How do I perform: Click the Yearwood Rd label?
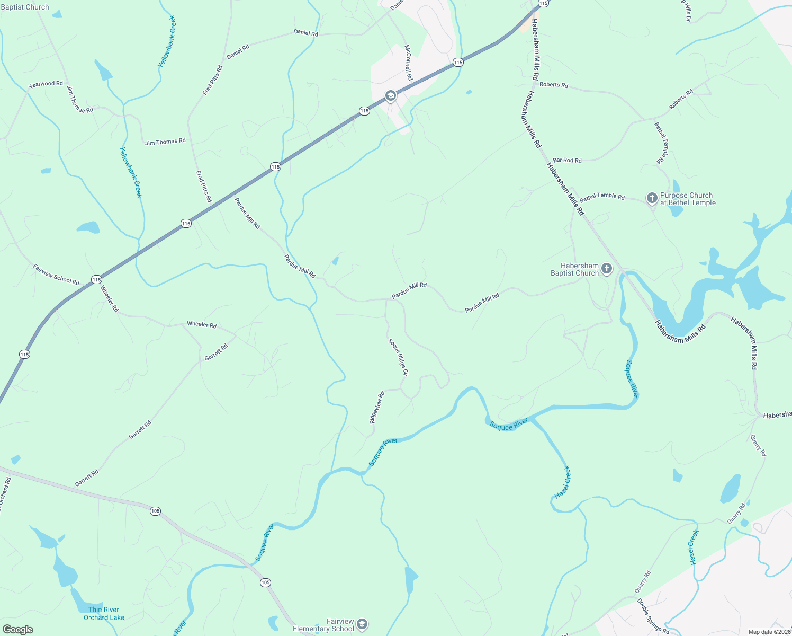point(46,84)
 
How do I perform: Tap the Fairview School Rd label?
point(56,275)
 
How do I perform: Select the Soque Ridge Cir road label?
point(399,357)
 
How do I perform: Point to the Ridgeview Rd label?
point(376,408)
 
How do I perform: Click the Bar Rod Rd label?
point(567,160)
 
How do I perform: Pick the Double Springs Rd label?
point(653,616)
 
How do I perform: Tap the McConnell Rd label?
point(408,63)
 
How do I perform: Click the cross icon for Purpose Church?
point(652,198)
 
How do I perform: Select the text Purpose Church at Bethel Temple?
point(687,199)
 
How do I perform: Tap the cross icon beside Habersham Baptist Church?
point(607,269)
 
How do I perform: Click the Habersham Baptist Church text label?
point(575,269)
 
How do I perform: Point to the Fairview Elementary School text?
point(323,625)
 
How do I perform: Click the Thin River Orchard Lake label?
point(104,613)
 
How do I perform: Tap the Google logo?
point(17,630)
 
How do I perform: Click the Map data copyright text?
point(769,632)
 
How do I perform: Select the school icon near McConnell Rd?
point(391,95)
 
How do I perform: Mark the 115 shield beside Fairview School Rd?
point(96,279)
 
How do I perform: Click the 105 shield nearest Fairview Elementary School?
point(265,582)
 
